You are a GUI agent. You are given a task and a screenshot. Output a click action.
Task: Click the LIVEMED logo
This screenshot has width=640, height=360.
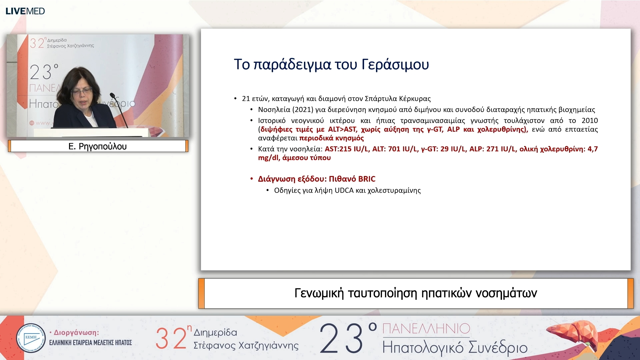pyautogui.click(x=25, y=11)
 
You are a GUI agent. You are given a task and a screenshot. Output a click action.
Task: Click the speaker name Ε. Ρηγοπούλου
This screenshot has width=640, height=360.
pyautogui.click(x=97, y=146)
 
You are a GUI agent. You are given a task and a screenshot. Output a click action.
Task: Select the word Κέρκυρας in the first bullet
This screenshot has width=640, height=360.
pyautogui.click(x=415, y=99)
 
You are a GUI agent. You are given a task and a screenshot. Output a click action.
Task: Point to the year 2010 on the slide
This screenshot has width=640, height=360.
pyautogui.click(x=589, y=121)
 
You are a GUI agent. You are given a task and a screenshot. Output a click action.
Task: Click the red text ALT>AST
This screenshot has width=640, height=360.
pyautogui.click(x=342, y=129)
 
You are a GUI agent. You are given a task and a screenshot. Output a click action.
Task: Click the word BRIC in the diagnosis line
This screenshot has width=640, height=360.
pyautogui.click(x=367, y=179)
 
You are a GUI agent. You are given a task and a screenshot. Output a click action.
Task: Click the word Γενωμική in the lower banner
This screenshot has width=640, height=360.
pyautogui.click(x=319, y=293)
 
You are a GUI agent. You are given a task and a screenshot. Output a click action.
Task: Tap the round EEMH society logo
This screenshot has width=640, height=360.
pyautogui.click(x=31, y=338)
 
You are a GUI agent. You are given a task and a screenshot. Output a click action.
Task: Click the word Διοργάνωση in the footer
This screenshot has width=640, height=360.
pyautogui.click(x=76, y=333)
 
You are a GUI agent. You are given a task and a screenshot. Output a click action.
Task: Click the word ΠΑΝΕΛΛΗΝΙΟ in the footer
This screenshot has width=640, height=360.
pyautogui.click(x=426, y=329)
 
